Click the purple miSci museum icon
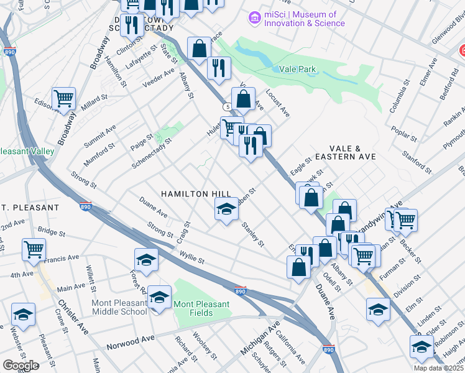point(254,19)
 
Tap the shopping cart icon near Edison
point(63,98)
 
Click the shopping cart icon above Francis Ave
point(33,250)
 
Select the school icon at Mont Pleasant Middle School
point(160,297)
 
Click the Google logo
point(21,366)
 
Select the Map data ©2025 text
point(438,368)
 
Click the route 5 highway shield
point(228,107)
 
